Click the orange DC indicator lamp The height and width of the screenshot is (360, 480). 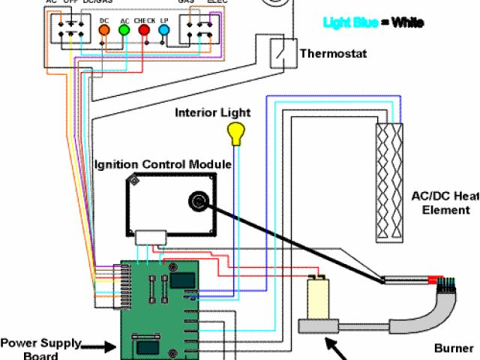click(104, 30)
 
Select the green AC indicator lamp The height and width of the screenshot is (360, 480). click(124, 30)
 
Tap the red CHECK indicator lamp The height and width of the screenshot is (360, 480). click(144, 30)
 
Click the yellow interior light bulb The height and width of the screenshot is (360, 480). click(238, 134)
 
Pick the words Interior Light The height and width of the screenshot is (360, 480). click(213, 113)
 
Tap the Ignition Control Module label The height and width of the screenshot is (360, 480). click(163, 164)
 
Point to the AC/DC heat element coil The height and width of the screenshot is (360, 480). click(390, 181)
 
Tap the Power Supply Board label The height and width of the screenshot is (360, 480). click(40, 349)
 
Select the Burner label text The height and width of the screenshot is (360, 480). click(454, 348)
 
